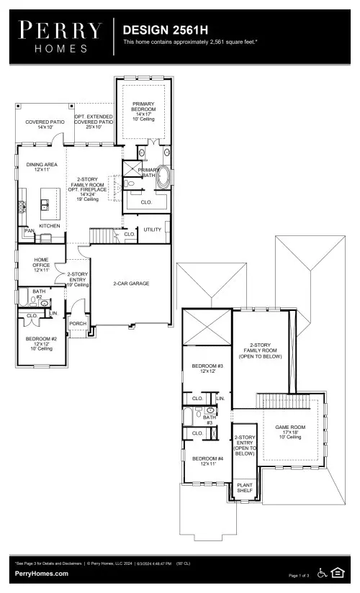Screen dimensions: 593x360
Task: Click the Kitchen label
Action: point(49,225)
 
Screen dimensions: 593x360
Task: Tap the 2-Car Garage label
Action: point(131,284)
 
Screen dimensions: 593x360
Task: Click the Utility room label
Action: point(152,230)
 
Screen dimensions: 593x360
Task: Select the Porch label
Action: point(77,324)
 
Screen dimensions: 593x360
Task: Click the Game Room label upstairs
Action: point(290,431)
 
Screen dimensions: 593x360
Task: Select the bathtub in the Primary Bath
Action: point(166,177)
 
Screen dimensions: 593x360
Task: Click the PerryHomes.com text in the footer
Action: point(42,574)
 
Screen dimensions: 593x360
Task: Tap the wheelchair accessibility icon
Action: point(322,574)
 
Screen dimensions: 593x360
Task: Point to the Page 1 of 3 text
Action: point(299,576)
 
